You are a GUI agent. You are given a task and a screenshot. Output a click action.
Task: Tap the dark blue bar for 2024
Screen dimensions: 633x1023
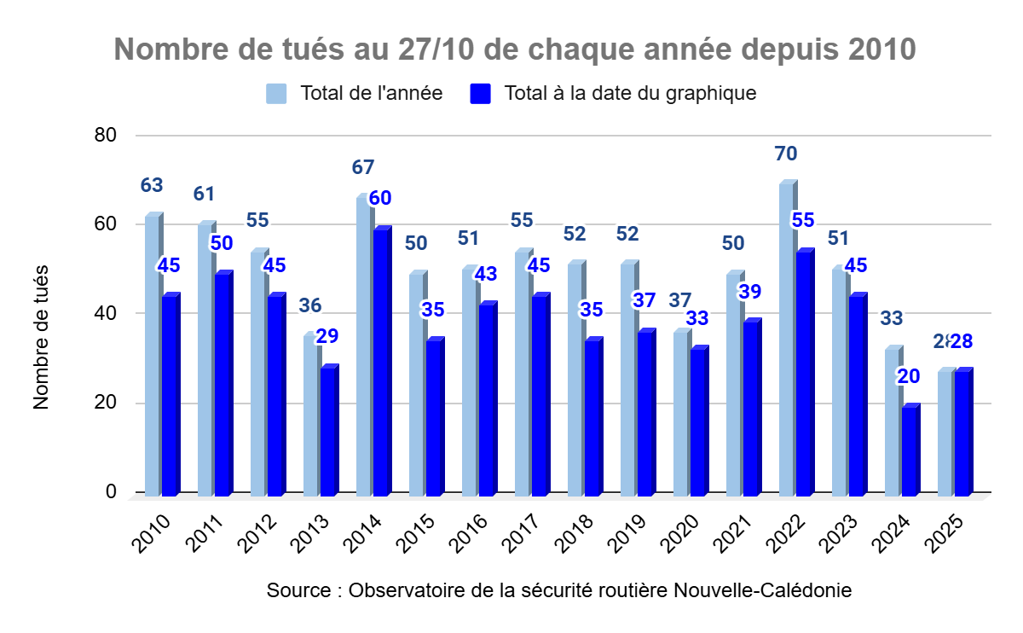[x=910, y=451]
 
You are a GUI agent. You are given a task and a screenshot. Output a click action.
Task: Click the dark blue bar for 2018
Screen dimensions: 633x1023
[x=592, y=418]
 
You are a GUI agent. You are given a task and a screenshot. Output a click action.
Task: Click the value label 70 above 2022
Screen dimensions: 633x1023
[x=786, y=154]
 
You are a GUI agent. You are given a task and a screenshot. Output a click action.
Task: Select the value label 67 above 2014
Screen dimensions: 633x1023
[x=363, y=168]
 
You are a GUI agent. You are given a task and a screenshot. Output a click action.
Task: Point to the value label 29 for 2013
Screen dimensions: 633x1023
[x=327, y=336]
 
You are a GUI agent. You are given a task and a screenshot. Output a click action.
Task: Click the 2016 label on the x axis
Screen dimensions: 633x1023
[x=470, y=534]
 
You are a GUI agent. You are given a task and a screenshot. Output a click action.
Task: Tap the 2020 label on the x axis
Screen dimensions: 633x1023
[x=681, y=534]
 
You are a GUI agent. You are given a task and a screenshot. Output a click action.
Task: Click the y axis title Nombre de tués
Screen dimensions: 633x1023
[x=42, y=338]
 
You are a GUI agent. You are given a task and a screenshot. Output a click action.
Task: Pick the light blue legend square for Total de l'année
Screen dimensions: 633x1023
[x=275, y=93]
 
